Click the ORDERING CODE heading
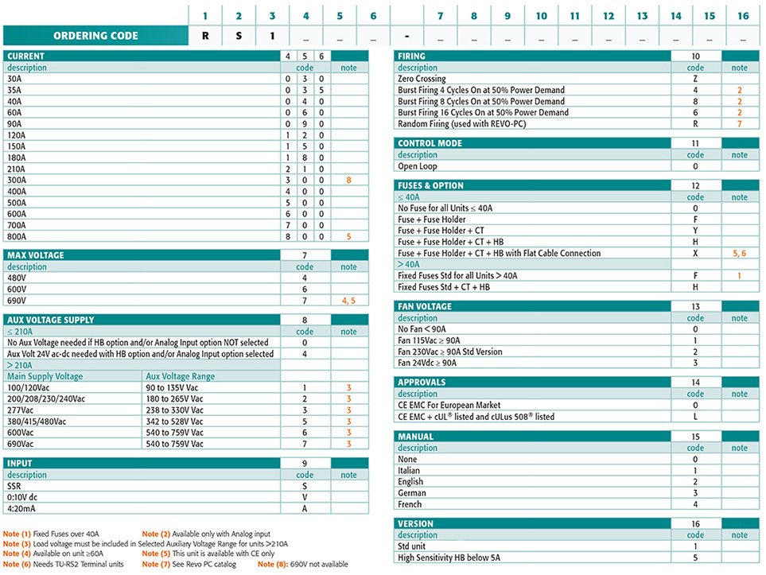[x=95, y=36]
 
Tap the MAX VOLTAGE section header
[x=36, y=255]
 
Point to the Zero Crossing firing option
[x=422, y=79]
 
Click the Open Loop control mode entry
[x=418, y=166]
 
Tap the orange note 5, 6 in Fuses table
[x=739, y=253]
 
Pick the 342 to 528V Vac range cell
[x=178, y=421]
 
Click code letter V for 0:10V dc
[x=305, y=496]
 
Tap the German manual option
[x=412, y=492]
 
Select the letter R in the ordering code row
[x=205, y=36]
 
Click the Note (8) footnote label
[x=275, y=564]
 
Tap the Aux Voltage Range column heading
[x=181, y=376]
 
